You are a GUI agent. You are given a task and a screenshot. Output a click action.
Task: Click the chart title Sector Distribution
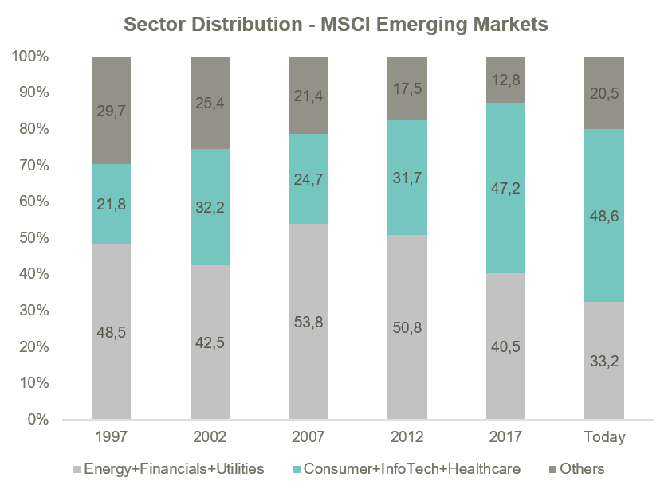pyautogui.click(x=336, y=25)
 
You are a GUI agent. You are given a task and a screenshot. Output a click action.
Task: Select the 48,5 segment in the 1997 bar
pyautogui.click(x=111, y=331)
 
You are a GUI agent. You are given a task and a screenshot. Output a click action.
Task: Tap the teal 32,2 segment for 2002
pyautogui.click(x=210, y=207)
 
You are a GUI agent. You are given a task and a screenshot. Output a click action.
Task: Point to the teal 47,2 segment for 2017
pyautogui.click(x=506, y=188)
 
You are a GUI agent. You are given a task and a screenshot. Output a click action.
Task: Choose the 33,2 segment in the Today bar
pyautogui.click(x=604, y=360)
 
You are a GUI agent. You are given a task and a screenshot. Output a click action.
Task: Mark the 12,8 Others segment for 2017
pyautogui.click(x=506, y=80)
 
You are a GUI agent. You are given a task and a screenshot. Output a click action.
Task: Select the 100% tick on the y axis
pyautogui.click(x=30, y=57)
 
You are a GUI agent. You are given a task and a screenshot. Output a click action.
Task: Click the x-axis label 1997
pyautogui.click(x=111, y=436)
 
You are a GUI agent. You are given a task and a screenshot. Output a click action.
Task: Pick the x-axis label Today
pyautogui.click(x=604, y=436)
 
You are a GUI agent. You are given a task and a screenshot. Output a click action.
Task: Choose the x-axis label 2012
pyautogui.click(x=407, y=436)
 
